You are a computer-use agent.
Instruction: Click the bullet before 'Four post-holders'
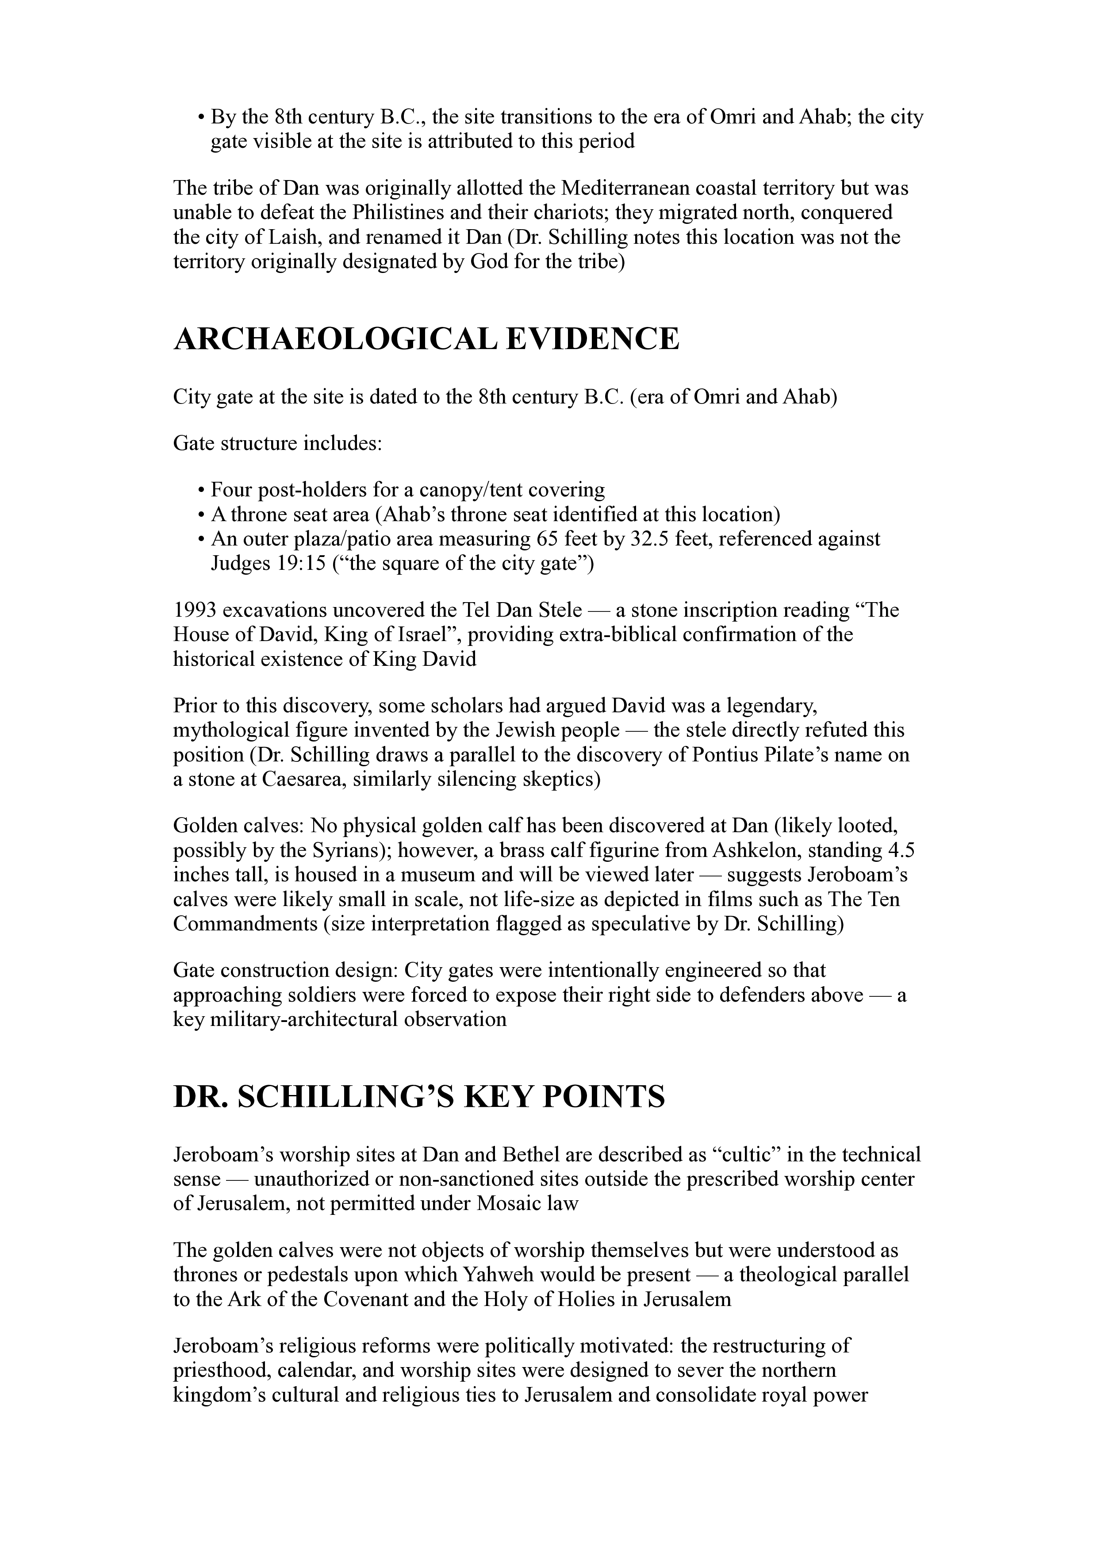click(x=201, y=491)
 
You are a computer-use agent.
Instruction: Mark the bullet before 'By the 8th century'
click(x=201, y=118)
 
